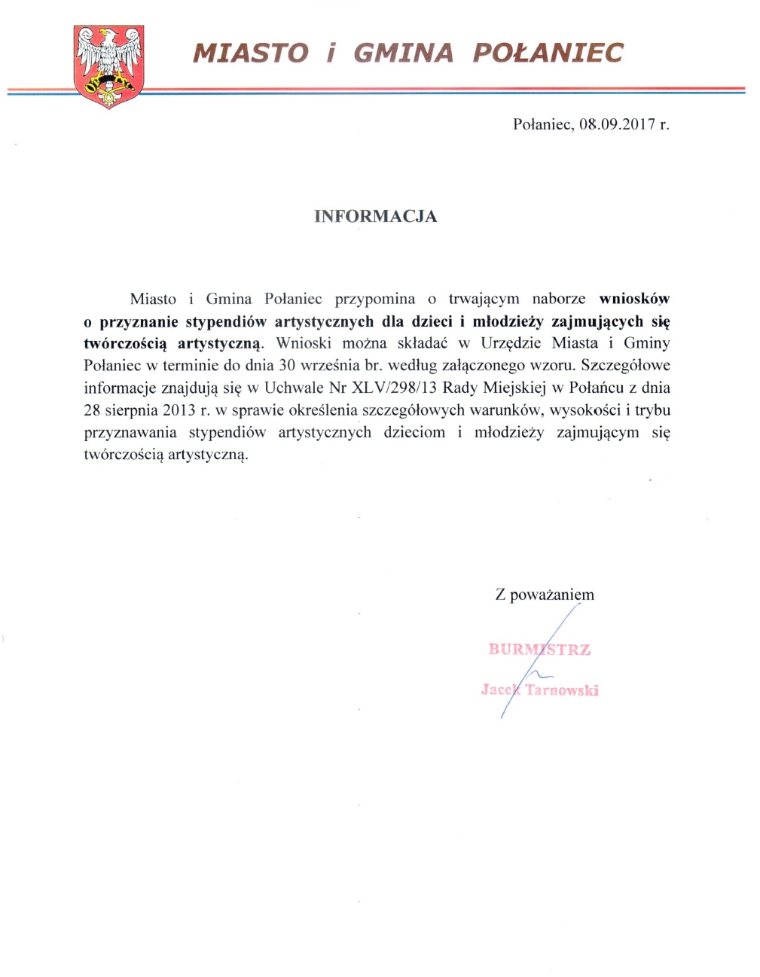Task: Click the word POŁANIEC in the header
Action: (x=548, y=53)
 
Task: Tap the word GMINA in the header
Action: (x=403, y=53)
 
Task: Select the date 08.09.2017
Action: (x=618, y=124)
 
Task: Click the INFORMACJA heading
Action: (x=375, y=217)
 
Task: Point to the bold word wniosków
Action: (x=634, y=299)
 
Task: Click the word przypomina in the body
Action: (x=374, y=300)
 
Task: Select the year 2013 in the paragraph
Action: (x=179, y=411)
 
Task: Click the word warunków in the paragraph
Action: (x=504, y=411)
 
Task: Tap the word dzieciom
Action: (x=414, y=433)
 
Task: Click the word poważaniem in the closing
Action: (x=552, y=595)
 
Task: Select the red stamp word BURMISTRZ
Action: (x=539, y=650)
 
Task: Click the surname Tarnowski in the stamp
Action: (x=562, y=690)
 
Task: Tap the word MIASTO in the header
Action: (x=251, y=53)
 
